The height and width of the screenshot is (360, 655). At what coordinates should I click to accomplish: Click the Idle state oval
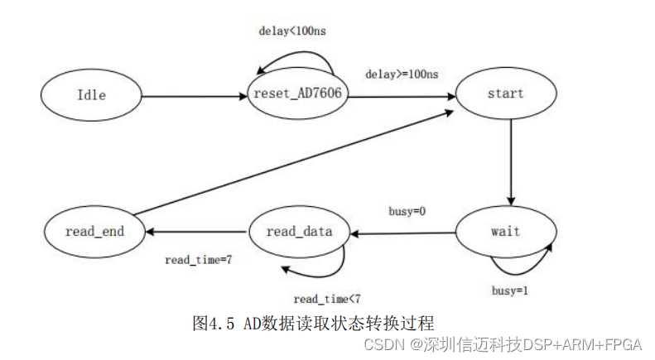click(92, 94)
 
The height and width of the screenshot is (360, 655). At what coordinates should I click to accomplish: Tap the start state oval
click(505, 93)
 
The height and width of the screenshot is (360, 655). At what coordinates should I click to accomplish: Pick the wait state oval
click(505, 231)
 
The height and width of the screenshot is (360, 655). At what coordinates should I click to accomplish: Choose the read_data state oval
click(299, 232)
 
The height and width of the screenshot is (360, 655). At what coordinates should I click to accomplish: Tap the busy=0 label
click(407, 212)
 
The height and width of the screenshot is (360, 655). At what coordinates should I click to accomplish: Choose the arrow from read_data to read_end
click(195, 233)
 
